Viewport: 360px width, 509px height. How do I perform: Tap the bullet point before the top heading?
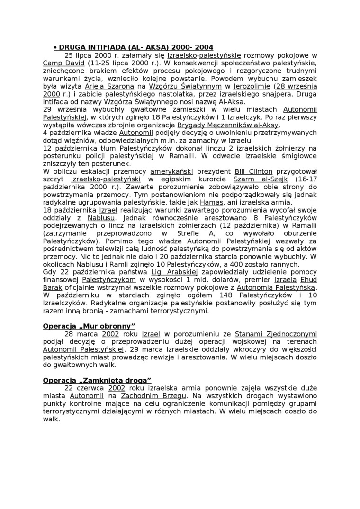click(x=55, y=47)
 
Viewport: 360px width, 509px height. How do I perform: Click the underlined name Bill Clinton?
click(x=254, y=171)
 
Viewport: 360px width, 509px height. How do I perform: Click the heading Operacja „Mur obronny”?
click(x=89, y=326)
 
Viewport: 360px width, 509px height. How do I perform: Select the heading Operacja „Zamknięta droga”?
click(x=97, y=380)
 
